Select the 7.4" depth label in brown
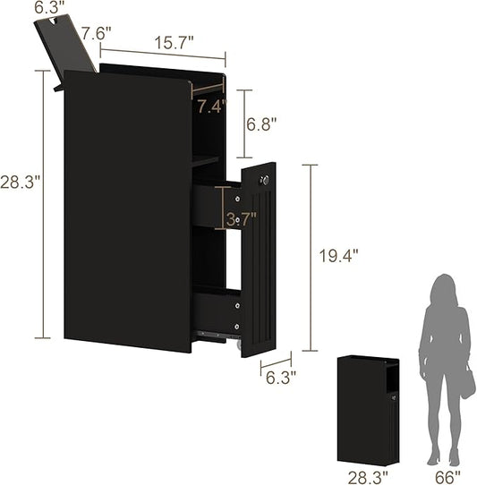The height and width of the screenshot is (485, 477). coord(211,106)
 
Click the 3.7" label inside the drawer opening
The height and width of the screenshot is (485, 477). coord(242,218)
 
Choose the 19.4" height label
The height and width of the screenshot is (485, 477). coord(338,255)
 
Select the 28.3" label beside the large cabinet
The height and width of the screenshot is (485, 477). coord(20,182)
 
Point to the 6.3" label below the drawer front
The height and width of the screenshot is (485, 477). coord(281,377)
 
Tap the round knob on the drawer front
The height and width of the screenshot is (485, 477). coord(263,182)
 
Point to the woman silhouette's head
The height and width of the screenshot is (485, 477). coord(442,290)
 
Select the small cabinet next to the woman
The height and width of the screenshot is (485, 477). coord(367,409)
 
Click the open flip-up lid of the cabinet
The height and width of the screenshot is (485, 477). coord(66,46)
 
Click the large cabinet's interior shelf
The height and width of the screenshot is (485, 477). coord(205,159)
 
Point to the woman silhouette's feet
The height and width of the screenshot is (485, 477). coord(444,458)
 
